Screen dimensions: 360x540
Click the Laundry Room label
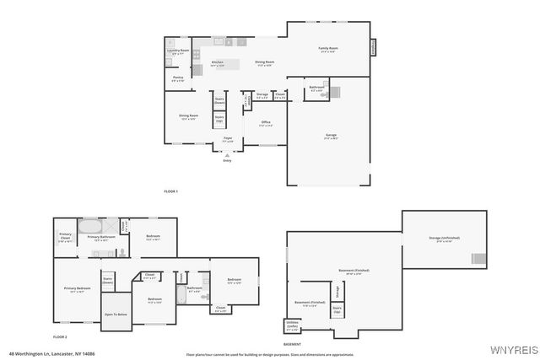click(x=178, y=52)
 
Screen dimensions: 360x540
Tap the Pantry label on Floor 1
click(x=178, y=79)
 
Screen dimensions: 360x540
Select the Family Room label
click(x=327, y=50)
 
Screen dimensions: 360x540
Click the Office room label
click(x=266, y=124)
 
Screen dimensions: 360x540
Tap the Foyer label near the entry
click(x=228, y=139)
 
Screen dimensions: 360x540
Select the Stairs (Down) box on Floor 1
click(x=219, y=100)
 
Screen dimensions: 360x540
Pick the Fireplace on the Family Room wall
click(x=372, y=47)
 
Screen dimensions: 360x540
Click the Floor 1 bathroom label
click(x=316, y=89)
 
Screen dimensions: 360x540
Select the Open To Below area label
click(x=116, y=314)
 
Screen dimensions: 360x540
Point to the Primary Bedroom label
click(x=77, y=289)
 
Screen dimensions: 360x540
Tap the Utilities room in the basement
click(x=292, y=325)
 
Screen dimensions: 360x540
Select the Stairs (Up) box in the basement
click(x=337, y=310)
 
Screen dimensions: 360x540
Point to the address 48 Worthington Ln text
click(x=51, y=354)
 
